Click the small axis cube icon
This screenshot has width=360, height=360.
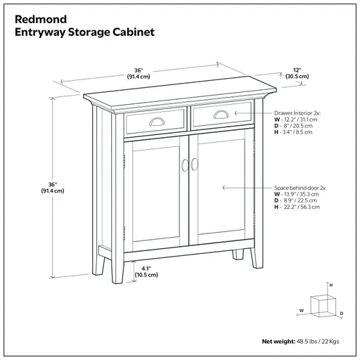coord(321,304)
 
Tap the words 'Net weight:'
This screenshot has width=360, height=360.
coord(277,342)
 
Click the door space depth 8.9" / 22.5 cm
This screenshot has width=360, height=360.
coord(298,202)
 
